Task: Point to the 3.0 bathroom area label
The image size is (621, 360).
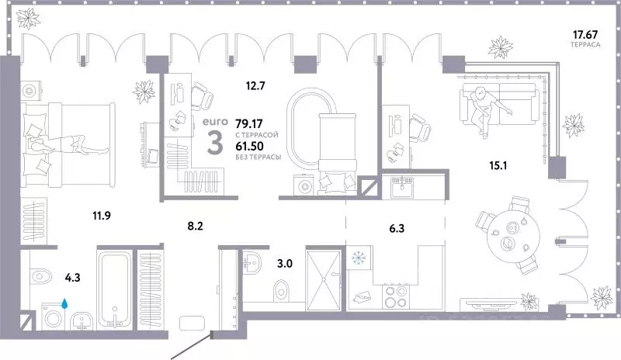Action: pos(285,262)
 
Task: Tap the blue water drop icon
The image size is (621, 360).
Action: pos(66,303)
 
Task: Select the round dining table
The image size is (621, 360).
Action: pos(509,237)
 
